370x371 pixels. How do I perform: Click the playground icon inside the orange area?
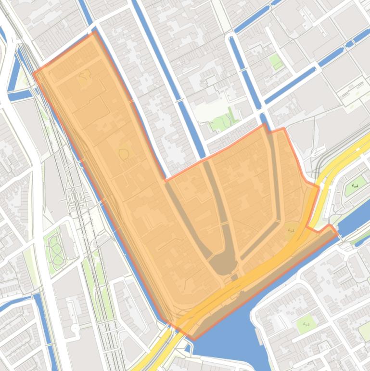coord(291,230)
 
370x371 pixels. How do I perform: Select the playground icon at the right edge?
coord(355,185)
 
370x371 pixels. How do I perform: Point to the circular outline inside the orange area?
coord(124,154)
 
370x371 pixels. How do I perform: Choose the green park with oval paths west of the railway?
coord(55,248)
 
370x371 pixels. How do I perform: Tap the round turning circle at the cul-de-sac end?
coord(75,328)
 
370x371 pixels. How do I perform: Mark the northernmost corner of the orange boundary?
coord(93,32)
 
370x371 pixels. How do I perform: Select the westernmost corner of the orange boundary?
coord(33,73)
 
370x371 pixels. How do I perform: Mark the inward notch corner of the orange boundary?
coord(166,181)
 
